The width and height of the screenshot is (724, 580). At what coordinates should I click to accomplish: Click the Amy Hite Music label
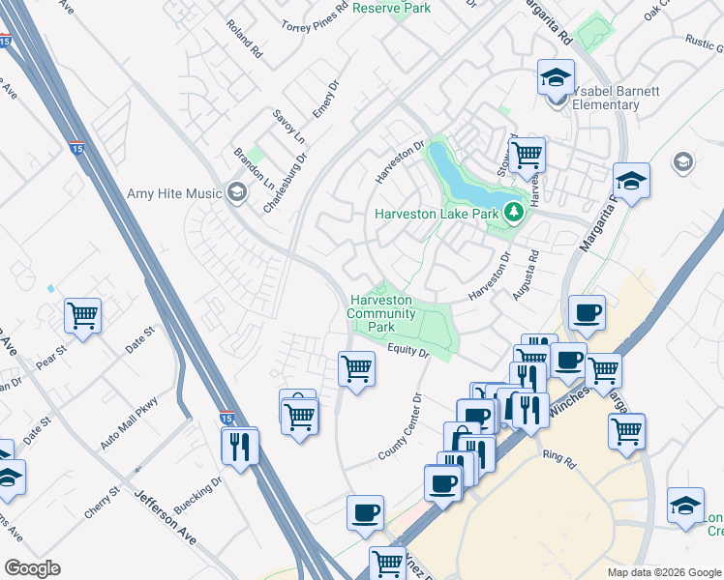click(x=175, y=193)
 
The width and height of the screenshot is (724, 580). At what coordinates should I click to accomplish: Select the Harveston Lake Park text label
click(x=437, y=214)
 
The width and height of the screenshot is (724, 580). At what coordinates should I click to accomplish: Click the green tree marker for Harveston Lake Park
click(x=514, y=212)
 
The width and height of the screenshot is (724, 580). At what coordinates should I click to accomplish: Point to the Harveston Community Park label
click(x=381, y=313)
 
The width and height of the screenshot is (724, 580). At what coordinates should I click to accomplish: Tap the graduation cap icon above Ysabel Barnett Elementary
click(x=557, y=76)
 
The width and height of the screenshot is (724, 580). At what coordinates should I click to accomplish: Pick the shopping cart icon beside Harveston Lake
click(x=527, y=153)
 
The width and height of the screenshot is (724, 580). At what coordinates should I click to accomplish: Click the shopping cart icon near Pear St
click(x=83, y=315)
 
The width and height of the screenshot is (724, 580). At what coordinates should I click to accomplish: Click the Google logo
click(x=32, y=568)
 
